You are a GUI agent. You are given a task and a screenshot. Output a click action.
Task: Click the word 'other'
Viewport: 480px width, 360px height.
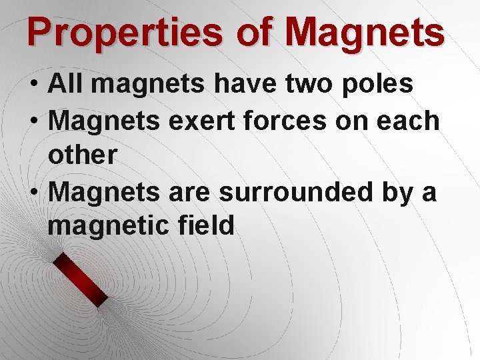tap(83, 155)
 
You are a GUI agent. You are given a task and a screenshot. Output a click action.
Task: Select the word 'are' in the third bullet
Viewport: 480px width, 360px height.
tap(190, 193)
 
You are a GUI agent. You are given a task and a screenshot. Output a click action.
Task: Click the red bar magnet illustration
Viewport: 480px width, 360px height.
tap(81, 280)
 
